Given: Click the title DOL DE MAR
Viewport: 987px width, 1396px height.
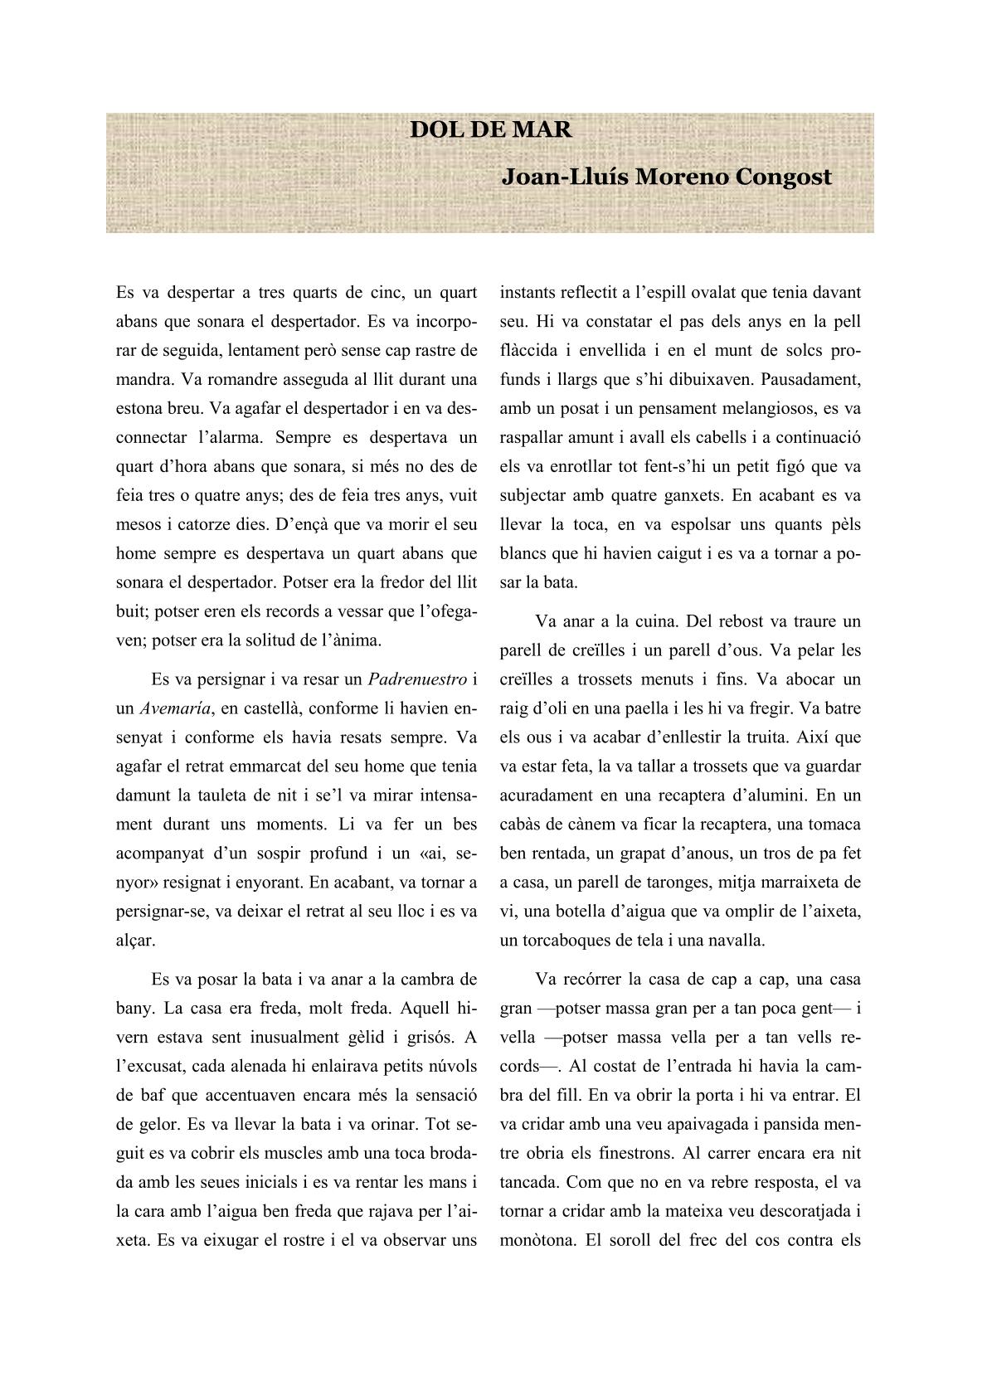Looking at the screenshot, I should (491, 130).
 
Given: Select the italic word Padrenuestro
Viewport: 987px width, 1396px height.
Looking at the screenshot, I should (416, 679).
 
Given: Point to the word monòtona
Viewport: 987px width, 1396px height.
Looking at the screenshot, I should (535, 1240).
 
